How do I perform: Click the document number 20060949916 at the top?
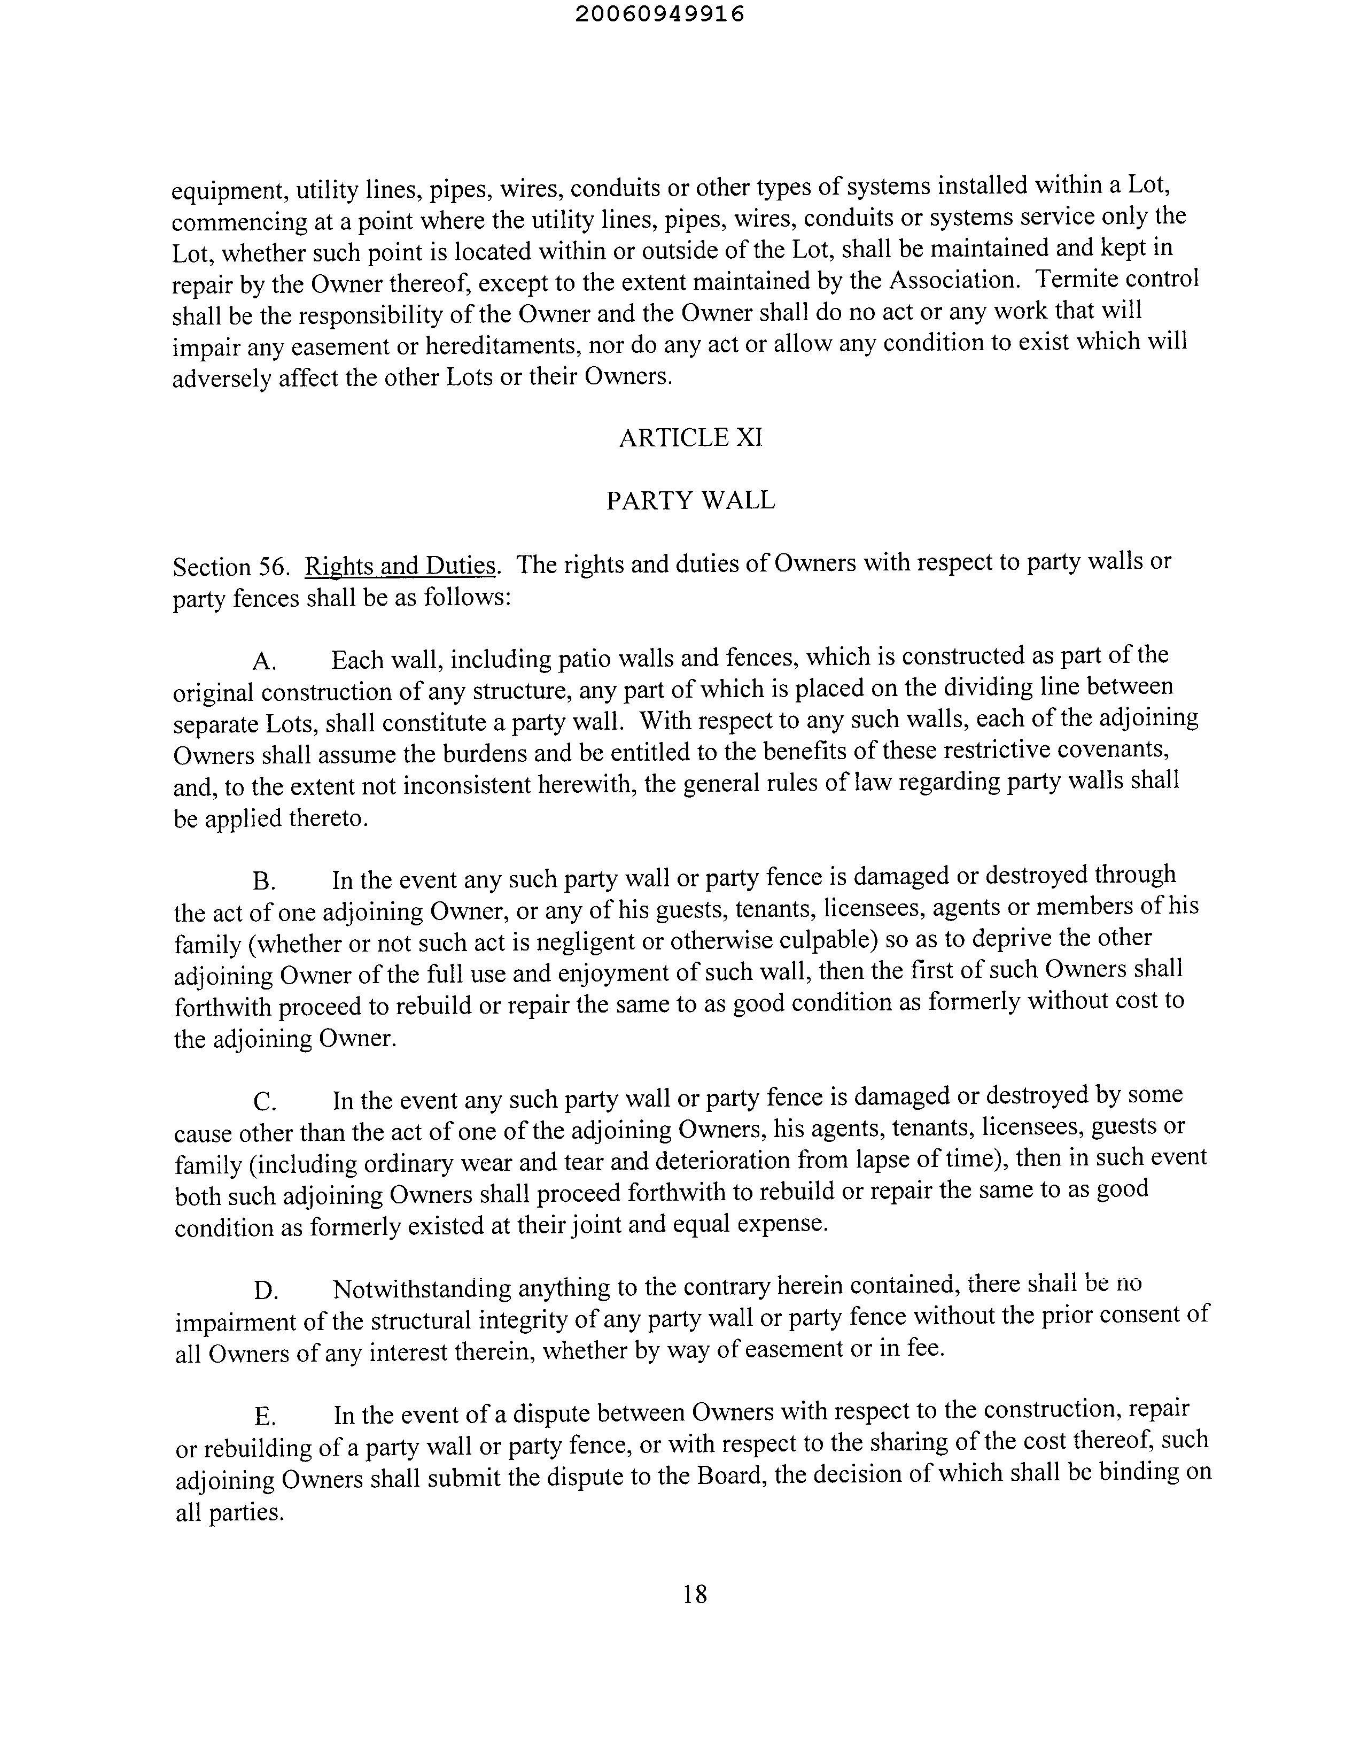(660, 14)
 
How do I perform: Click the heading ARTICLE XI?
(690, 437)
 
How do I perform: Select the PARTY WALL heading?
(690, 500)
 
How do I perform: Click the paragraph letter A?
(264, 662)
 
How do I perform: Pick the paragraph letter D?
(266, 1291)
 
